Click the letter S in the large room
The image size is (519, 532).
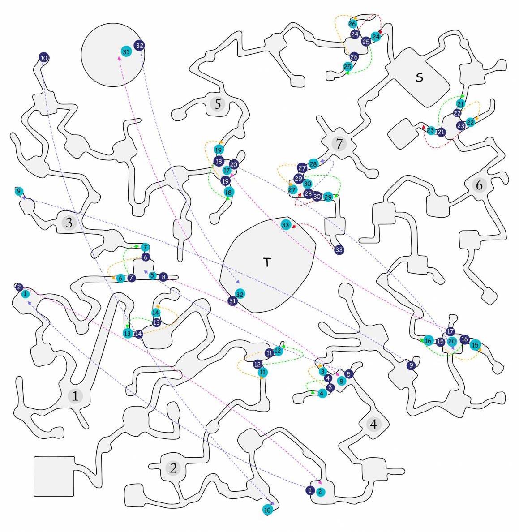pyautogui.click(x=419, y=77)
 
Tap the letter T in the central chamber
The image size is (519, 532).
pyautogui.click(x=267, y=262)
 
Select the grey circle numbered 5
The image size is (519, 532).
pyautogui.click(x=218, y=104)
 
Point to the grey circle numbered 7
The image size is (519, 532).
pyautogui.click(x=339, y=143)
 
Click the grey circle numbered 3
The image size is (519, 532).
pyautogui.click(x=69, y=223)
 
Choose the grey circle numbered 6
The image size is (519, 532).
pyautogui.click(x=479, y=185)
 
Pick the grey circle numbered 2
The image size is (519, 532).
pyautogui.click(x=173, y=468)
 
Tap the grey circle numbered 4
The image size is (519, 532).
pyautogui.click(x=373, y=424)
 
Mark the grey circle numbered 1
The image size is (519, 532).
pyautogui.click(x=75, y=395)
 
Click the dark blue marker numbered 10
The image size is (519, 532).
pyautogui.click(x=44, y=58)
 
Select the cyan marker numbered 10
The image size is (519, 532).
pyautogui.click(x=268, y=510)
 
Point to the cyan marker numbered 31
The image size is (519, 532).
pyautogui.click(x=126, y=51)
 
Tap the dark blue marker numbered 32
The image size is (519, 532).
pyautogui.click(x=139, y=45)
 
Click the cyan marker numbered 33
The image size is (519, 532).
pyautogui.click(x=286, y=225)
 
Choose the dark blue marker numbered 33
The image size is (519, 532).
pyautogui.click(x=339, y=250)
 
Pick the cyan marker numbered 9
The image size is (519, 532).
pyautogui.click(x=19, y=191)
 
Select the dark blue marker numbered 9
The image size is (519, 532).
pyautogui.click(x=411, y=365)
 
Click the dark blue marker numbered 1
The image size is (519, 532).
pyautogui.click(x=310, y=490)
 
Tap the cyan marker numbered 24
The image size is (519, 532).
pyautogui.click(x=376, y=37)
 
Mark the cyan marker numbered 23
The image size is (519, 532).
pyautogui.click(x=430, y=130)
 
